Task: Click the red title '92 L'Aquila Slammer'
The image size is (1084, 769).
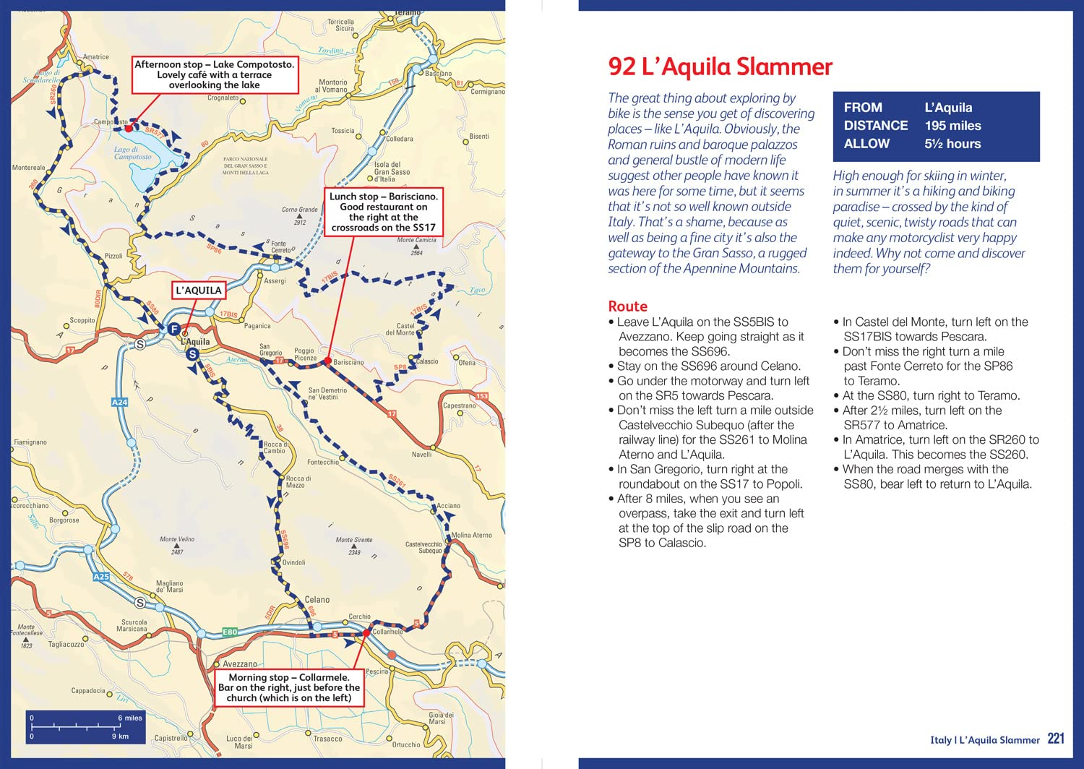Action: [720, 67]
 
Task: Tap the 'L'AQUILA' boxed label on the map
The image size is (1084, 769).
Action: [199, 291]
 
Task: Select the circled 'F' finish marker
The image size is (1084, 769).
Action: [173, 329]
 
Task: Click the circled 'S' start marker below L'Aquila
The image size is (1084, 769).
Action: [192, 354]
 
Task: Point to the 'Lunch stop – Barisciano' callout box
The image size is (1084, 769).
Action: [383, 212]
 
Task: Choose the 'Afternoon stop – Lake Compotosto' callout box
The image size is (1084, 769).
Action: [215, 74]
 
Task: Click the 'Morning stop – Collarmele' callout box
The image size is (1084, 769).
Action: [289, 687]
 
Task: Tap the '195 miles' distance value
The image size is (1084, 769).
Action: [952, 126]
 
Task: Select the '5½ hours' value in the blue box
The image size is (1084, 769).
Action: [952, 144]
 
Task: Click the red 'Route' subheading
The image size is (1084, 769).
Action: [627, 306]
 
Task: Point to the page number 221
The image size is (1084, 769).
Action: [1056, 739]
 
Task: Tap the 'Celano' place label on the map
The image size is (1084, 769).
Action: [317, 600]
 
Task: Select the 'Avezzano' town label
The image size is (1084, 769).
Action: [240, 663]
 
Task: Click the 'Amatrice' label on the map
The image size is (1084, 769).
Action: [95, 57]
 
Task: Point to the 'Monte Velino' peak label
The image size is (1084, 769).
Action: [177, 539]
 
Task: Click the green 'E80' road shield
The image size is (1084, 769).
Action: [230, 632]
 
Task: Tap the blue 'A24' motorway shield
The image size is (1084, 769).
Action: [119, 402]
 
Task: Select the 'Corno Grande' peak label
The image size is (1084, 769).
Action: [300, 210]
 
